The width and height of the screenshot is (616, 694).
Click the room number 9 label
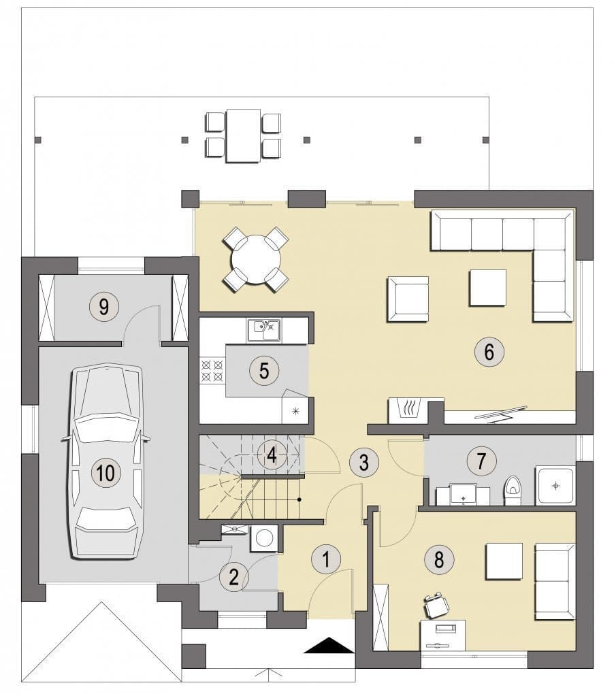click(103, 306)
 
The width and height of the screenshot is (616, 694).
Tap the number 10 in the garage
click(106, 472)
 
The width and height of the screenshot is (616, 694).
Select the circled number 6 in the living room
click(489, 352)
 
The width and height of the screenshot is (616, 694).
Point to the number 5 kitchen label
click(264, 370)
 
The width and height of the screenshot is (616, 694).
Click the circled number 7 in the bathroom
click(481, 460)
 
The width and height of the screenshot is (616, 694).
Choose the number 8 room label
click(439, 559)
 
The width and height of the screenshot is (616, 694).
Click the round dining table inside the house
click(256, 259)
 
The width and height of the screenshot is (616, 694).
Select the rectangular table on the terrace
click(243, 136)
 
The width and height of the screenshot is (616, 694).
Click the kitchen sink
click(264, 331)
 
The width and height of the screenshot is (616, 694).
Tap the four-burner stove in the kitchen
click(212, 371)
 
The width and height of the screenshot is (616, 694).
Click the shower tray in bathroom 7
click(556, 485)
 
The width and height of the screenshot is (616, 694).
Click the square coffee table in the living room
click(487, 288)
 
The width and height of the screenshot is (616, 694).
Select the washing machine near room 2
click(264, 538)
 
